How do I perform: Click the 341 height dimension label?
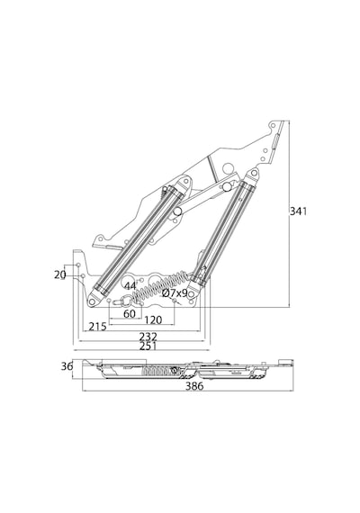coord(298,211)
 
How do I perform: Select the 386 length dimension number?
coord(194,386)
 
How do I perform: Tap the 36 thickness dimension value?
coord(67,366)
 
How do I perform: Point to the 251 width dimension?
coord(148,346)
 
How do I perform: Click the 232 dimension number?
coord(148,337)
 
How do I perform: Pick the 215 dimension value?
coord(97,326)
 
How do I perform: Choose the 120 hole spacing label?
coord(153,319)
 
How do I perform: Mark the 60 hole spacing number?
coord(130,314)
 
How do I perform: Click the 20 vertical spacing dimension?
coord(60,275)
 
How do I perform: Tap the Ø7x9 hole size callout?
coord(175,293)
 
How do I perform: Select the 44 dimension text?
coord(130,286)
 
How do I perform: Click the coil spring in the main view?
coord(159,286)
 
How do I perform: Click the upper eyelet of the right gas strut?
coord(254,173)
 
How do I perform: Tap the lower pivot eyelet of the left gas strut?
coord(93,301)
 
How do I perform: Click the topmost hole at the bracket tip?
coord(273,125)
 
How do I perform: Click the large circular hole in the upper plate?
coord(228,169)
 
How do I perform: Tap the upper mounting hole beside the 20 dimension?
coord(78,265)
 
